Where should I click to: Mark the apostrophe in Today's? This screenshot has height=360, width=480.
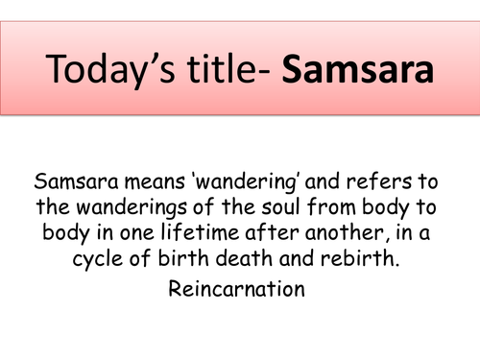pos(143,60)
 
